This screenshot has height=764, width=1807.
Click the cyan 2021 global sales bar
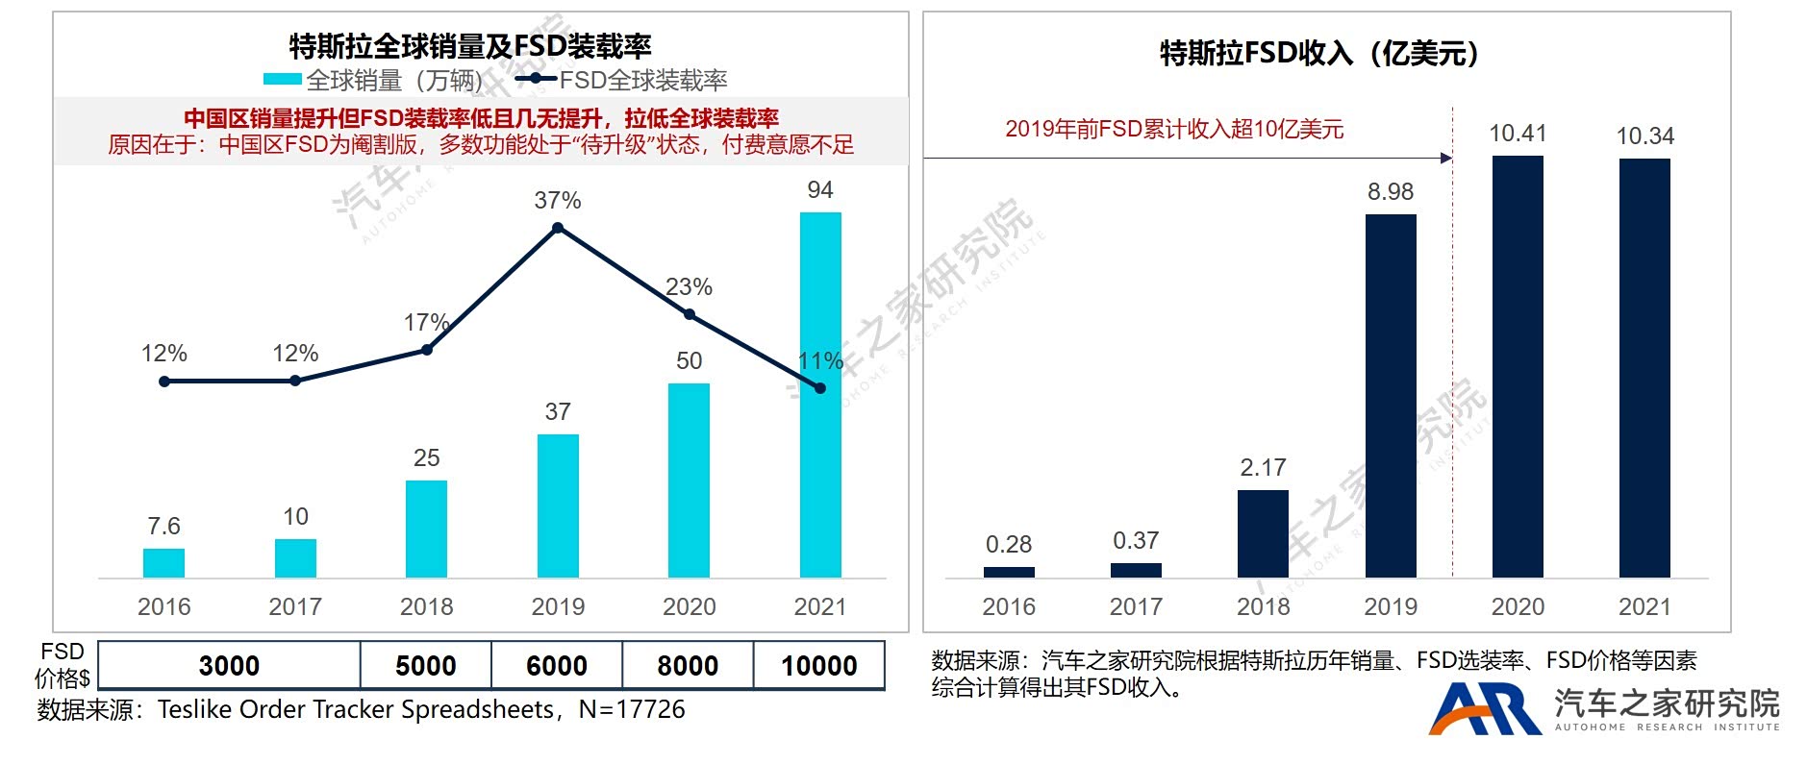820,394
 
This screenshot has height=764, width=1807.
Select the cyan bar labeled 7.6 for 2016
163,562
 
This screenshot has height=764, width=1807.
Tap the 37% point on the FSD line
558,228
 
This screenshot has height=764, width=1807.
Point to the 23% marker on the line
690,314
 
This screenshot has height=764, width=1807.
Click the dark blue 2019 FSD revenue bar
1391,395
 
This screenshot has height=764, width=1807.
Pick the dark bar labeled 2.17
1263,533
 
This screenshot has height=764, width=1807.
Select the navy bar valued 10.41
1518,366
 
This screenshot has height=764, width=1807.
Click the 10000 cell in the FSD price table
818,665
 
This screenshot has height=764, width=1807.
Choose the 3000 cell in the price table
229,665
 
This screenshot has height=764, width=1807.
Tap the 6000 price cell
557,665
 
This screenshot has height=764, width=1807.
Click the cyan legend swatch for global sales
283,80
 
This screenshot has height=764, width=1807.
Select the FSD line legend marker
536,80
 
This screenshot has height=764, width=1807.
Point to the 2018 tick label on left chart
426,606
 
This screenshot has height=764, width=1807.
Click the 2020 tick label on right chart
1518,606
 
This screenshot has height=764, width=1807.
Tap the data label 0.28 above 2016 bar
1009,544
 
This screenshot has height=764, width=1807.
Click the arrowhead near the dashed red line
1446,158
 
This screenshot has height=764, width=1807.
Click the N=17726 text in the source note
632,709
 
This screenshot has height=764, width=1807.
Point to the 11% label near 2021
820,361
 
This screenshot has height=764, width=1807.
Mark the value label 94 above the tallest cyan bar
820,190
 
